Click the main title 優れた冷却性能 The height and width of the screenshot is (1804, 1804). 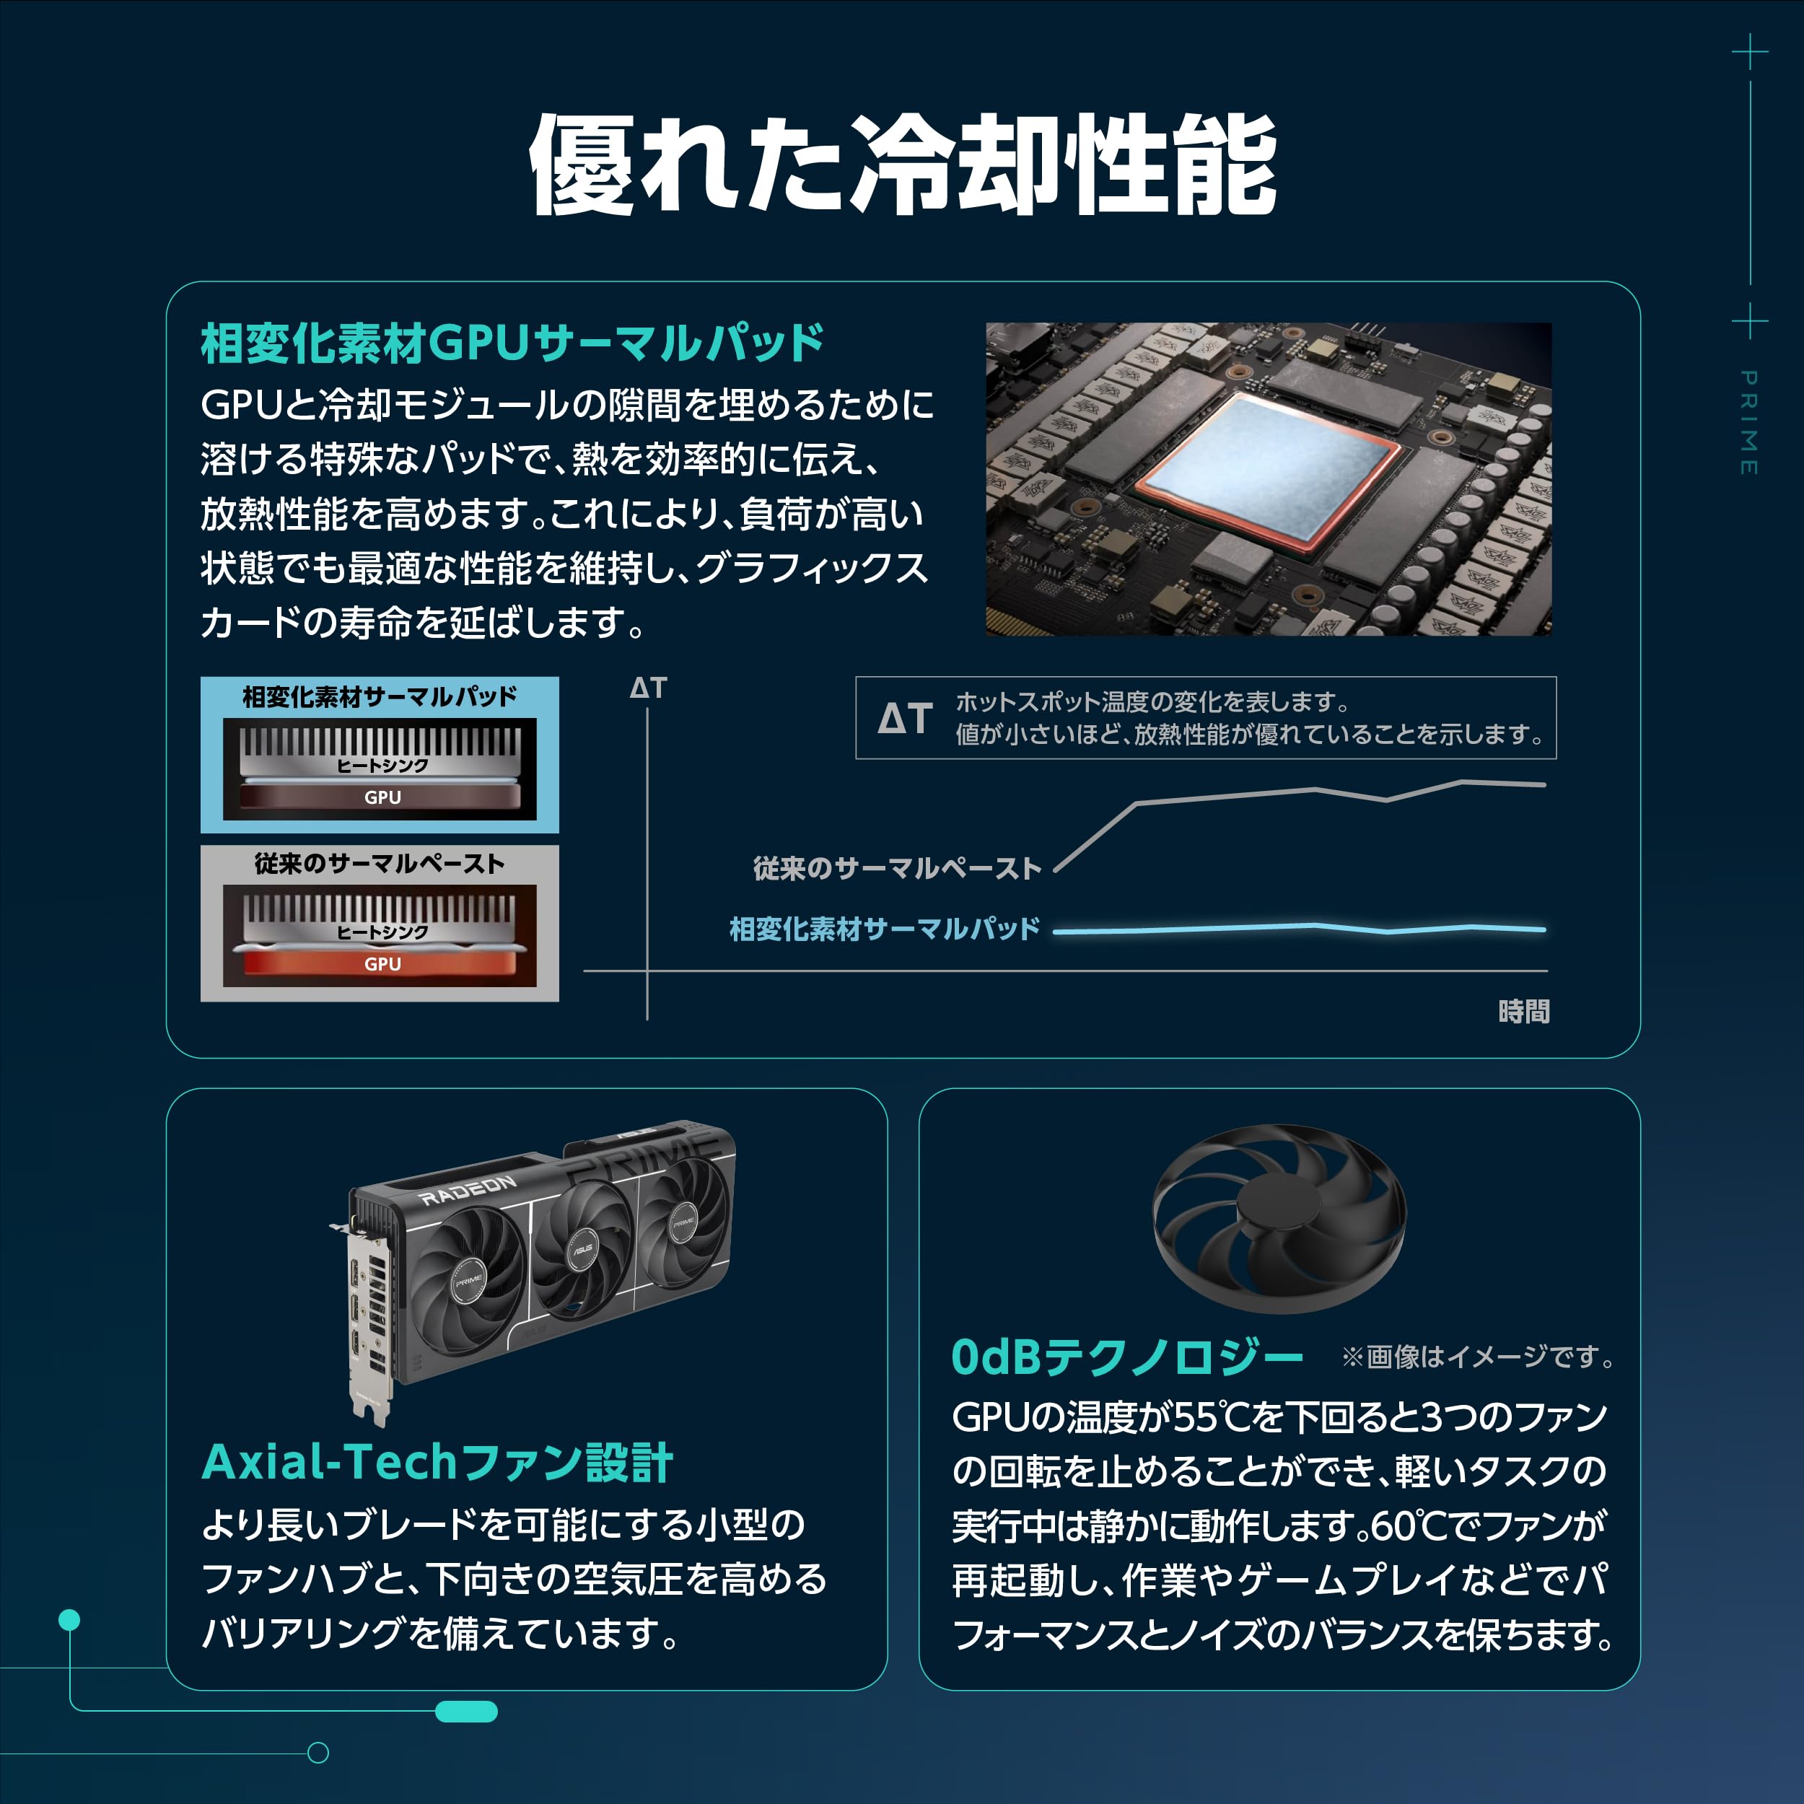[902, 165]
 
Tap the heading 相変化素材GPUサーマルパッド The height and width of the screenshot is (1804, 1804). [512, 343]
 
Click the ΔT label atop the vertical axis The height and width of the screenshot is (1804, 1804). [648, 688]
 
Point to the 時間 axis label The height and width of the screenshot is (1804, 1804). [1524, 1011]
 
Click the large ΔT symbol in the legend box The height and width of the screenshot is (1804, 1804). [905, 718]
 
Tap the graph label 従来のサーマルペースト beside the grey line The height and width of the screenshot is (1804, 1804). [896, 868]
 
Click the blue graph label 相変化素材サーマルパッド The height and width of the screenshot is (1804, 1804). [883, 929]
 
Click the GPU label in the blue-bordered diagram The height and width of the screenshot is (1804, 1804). [382, 797]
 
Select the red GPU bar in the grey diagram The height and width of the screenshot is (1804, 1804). [382, 963]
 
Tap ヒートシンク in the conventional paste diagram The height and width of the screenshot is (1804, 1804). [382, 932]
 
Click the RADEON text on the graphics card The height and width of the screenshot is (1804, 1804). [467, 1191]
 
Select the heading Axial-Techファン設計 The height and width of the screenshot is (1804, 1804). [437, 1462]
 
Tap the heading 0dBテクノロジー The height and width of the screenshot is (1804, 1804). [1126, 1357]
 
